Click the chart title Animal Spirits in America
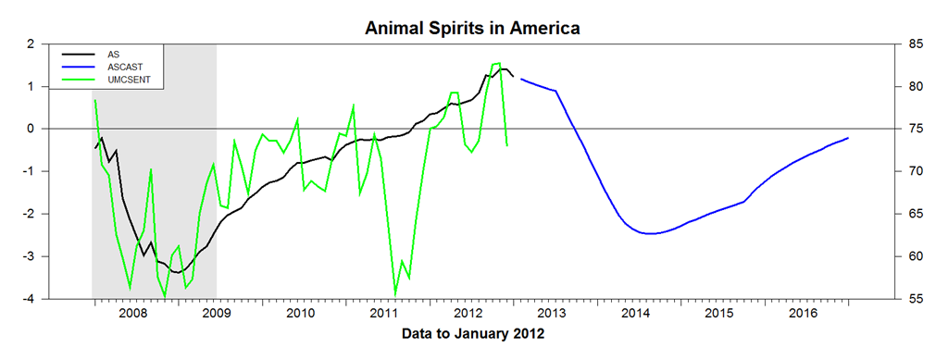(x=473, y=28)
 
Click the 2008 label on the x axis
(x=131, y=313)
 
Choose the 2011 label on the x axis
(x=383, y=313)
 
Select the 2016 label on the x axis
(x=804, y=313)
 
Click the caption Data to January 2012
(x=473, y=333)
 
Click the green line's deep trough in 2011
(x=395, y=295)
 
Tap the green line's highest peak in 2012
(x=499, y=63)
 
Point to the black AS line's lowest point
(x=178, y=272)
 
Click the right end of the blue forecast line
(x=849, y=138)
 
